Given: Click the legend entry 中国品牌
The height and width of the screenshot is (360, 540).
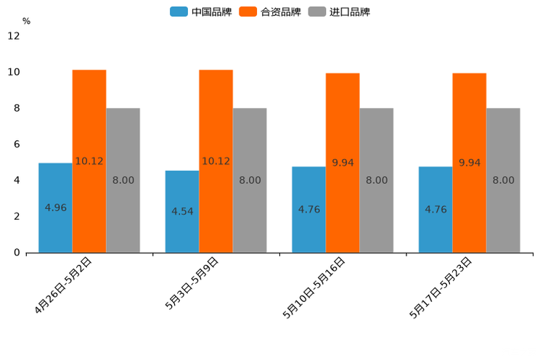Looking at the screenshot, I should [x=201, y=12].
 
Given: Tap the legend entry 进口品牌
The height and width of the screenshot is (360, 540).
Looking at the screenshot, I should [x=340, y=12].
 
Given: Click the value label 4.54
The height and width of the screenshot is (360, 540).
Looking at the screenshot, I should [x=182, y=212].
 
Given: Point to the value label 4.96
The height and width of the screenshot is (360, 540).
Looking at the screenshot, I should [x=55, y=208].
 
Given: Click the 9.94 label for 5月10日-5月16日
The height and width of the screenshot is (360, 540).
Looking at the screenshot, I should [x=343, y=163].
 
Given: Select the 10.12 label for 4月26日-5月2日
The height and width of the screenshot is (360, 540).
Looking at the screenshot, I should [x=89, y=161].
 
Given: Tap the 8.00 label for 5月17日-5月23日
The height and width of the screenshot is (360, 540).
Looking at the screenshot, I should [x=504, y=180].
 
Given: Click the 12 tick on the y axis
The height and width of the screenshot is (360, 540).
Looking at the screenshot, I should [x=14, y=36].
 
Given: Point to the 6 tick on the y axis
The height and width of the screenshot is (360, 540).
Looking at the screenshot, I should [x=16, y=144].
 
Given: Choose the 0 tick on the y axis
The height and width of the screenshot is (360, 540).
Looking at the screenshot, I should [x=16, y=253].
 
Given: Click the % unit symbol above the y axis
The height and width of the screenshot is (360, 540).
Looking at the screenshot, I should [x=26, y=22].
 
